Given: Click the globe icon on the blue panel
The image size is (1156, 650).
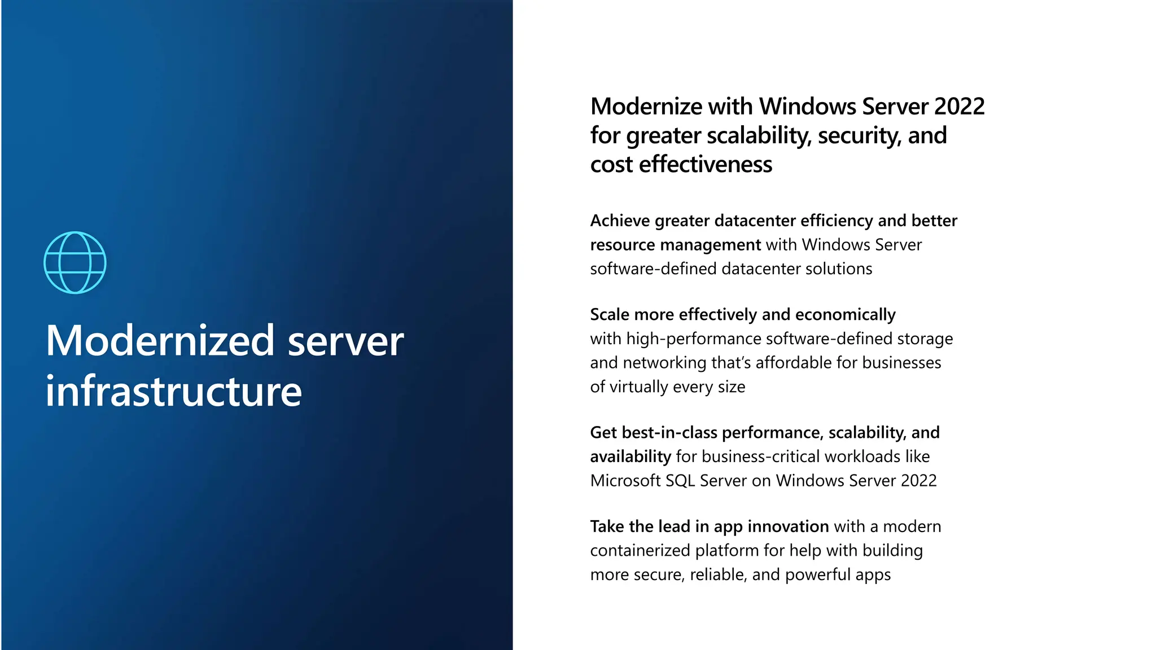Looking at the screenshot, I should pos(75,262).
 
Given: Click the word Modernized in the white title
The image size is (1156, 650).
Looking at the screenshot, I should pos(160,341).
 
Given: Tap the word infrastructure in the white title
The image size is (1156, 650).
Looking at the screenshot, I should pos(174,392).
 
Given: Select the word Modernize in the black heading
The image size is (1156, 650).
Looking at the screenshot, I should pos(646,107).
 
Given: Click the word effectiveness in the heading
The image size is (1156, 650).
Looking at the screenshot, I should pos(706,165).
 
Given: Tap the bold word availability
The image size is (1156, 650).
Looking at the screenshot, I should pos(630,456).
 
